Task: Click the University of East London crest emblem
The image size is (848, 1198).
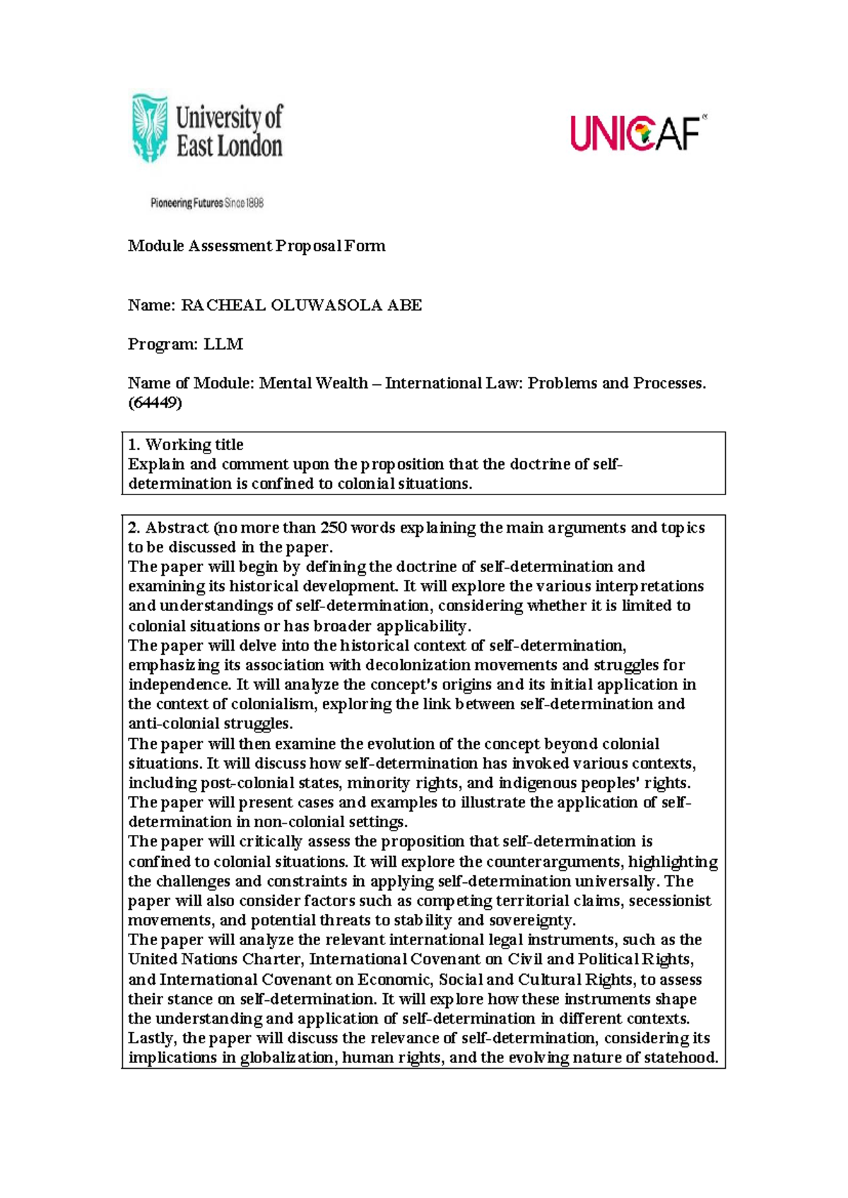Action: point(150,129)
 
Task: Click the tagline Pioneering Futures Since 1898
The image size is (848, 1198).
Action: point(206,203)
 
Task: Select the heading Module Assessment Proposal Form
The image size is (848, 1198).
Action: point(257,246)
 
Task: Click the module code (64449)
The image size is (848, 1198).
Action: point(155,403)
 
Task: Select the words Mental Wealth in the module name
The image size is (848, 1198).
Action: point(313,383)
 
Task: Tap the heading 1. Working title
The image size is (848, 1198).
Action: point(186,444)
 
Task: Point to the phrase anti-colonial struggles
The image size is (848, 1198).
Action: point(210,723)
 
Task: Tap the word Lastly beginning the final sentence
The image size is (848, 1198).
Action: point(151,1038)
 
